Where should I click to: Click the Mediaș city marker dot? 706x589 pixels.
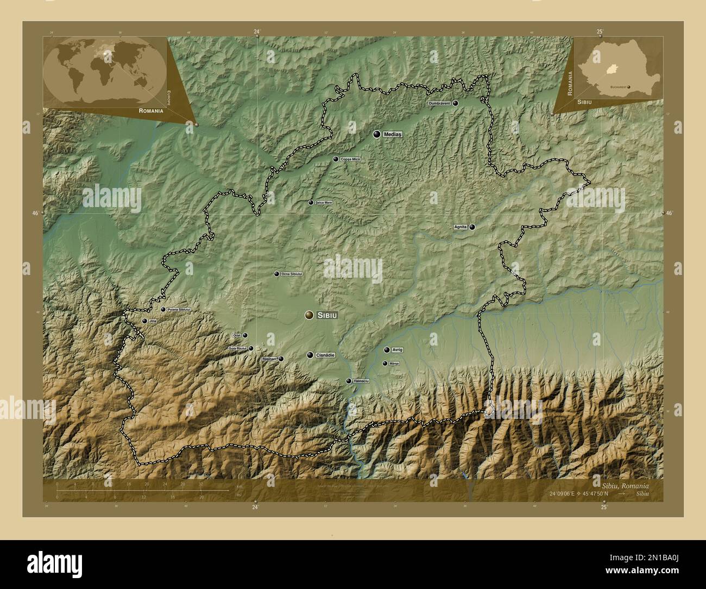[x=376, y=134]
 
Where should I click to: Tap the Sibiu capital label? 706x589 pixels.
[x=327, y=315]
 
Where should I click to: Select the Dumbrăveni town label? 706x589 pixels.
[x=439, y=103]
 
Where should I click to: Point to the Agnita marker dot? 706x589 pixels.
[x=472, y=227]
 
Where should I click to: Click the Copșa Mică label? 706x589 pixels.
[x=350, y=159]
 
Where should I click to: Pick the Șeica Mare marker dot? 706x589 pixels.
[x=311, y=203]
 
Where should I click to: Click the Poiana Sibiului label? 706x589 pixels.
[x=179, y=310]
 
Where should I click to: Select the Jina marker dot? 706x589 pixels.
[x=144, y=321]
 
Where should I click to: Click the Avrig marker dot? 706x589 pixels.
[x=386, y=350]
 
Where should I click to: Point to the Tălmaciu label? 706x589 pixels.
[x=361, y=381]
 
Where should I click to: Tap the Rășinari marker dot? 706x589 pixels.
[x=281, y=359]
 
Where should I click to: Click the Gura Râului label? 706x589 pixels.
[x=237, y=348]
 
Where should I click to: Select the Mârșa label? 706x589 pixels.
[x=394, y=364]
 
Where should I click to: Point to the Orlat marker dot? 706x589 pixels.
[x=245, y=336]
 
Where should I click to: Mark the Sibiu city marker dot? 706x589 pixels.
[x=309, y=315]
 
